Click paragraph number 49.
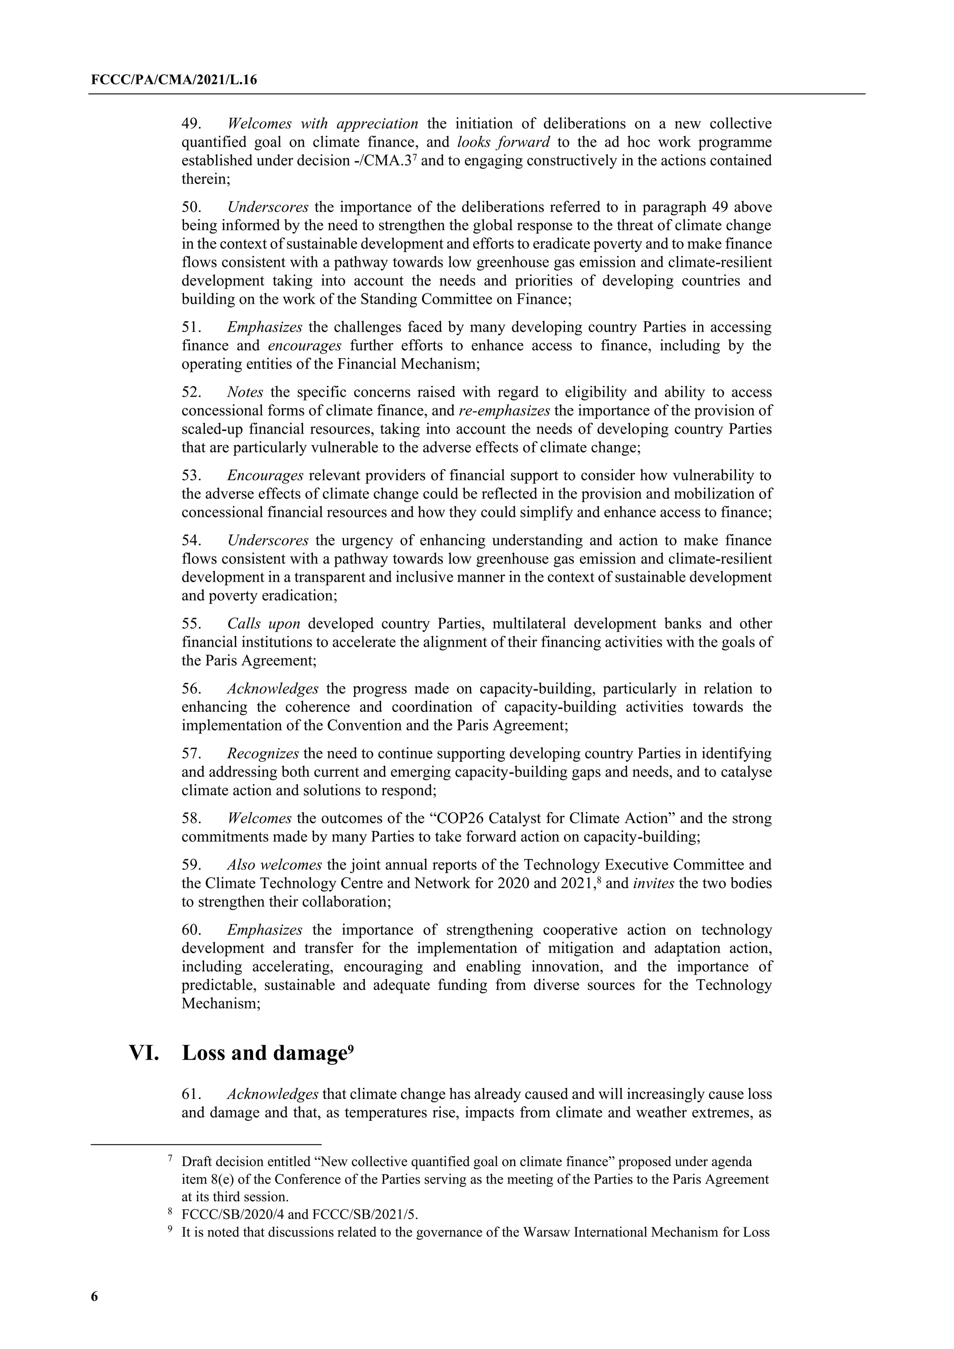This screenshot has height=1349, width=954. pyautogui.click(x=191, y=124)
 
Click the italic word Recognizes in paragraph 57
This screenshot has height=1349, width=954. pyautogui.click(x=263, y=753)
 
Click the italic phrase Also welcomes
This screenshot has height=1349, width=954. pyautogui.click(x=274, y=865)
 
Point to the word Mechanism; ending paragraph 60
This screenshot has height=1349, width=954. pyautogui.click(x=221, y=1003)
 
